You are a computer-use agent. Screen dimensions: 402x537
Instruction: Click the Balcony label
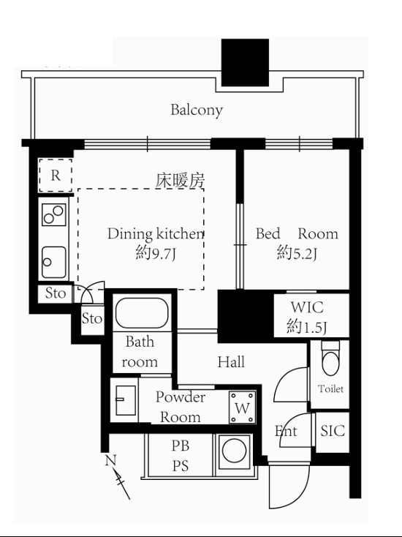(x=197, y=110)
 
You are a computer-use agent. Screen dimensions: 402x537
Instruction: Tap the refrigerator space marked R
(x=56, y=176)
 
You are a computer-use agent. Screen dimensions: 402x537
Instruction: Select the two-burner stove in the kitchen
(x=54, y=215)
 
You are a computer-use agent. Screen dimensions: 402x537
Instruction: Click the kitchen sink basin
(x=54, y=263)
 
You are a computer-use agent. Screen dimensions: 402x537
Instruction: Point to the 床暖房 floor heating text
(x=181, y=180)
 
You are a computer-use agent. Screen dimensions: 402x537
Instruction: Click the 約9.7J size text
(x=156, y=253)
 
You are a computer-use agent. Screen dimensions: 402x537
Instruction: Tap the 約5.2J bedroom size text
(x=297, y=253)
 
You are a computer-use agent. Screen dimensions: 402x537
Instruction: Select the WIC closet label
(x=307, y=307)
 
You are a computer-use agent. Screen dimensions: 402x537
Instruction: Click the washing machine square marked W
(x=243, y=408)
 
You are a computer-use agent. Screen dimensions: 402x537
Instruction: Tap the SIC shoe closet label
(x=333, y=430)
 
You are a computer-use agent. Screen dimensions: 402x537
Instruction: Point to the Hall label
(x=231, y=362)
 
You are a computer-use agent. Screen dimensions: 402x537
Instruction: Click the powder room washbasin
(x=125, y=400)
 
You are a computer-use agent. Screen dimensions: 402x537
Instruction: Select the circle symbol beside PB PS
(x=235, y=451)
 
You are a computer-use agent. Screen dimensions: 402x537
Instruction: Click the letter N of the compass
(x=110, y=461)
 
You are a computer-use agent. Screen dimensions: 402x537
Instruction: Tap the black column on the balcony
(x=245, y=62)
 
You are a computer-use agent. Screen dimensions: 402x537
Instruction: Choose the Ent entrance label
(x=286, y=431)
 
